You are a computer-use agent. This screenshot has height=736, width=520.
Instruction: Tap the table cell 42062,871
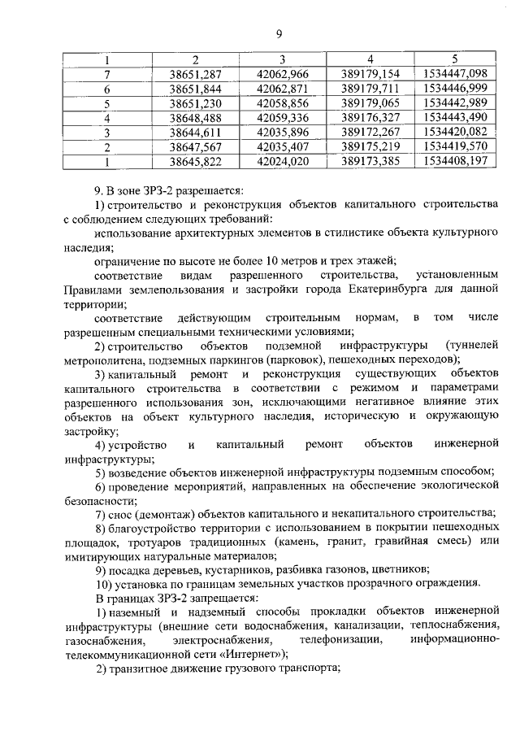282,89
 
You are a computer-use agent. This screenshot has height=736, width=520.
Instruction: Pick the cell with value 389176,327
369,118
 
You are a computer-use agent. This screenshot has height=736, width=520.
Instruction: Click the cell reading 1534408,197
455,162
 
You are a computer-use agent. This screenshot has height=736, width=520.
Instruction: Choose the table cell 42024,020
282,162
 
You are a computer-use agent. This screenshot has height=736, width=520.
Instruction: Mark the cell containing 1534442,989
455,103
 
